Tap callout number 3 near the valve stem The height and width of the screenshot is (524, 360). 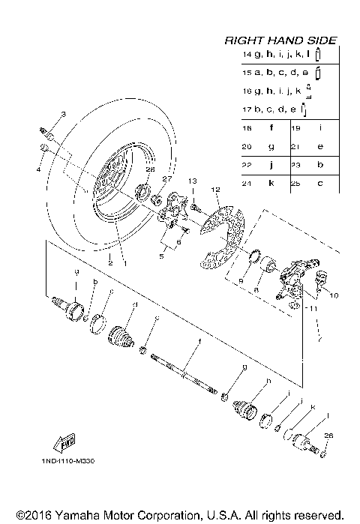(x=63, y=114)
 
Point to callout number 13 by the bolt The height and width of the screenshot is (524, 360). (x=191, y=181)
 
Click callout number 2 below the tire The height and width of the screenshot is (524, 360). (x=109, y=264)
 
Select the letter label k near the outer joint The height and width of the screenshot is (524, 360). (x=313, y=407)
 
